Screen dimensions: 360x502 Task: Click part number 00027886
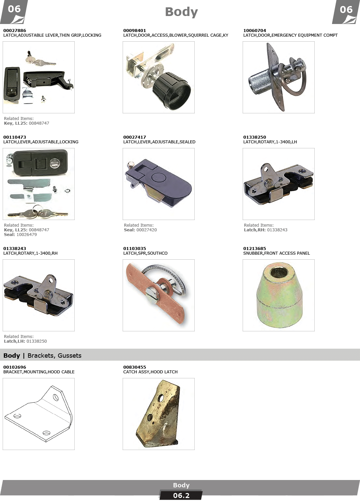tap(15, 30)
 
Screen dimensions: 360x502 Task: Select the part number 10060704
tap(255, 30)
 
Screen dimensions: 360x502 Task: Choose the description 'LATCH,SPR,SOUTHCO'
tap(145, 253)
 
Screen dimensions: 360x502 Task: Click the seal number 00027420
tap(147, 230)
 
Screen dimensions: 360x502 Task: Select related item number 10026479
tap(26, 235)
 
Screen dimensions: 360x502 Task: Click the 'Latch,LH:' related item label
tap(14, 341)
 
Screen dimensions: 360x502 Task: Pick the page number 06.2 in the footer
tap(181, 496)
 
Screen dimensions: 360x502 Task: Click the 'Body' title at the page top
tap(181, 12)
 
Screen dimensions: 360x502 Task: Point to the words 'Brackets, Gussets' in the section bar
tap(54, 356)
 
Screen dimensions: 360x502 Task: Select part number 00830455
tap(134, 367)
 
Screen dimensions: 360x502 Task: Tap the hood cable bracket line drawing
tap(39, 414)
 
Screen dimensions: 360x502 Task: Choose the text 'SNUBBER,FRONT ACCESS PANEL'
tap(276, 253)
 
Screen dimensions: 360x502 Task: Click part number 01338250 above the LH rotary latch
tap(255, 137)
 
